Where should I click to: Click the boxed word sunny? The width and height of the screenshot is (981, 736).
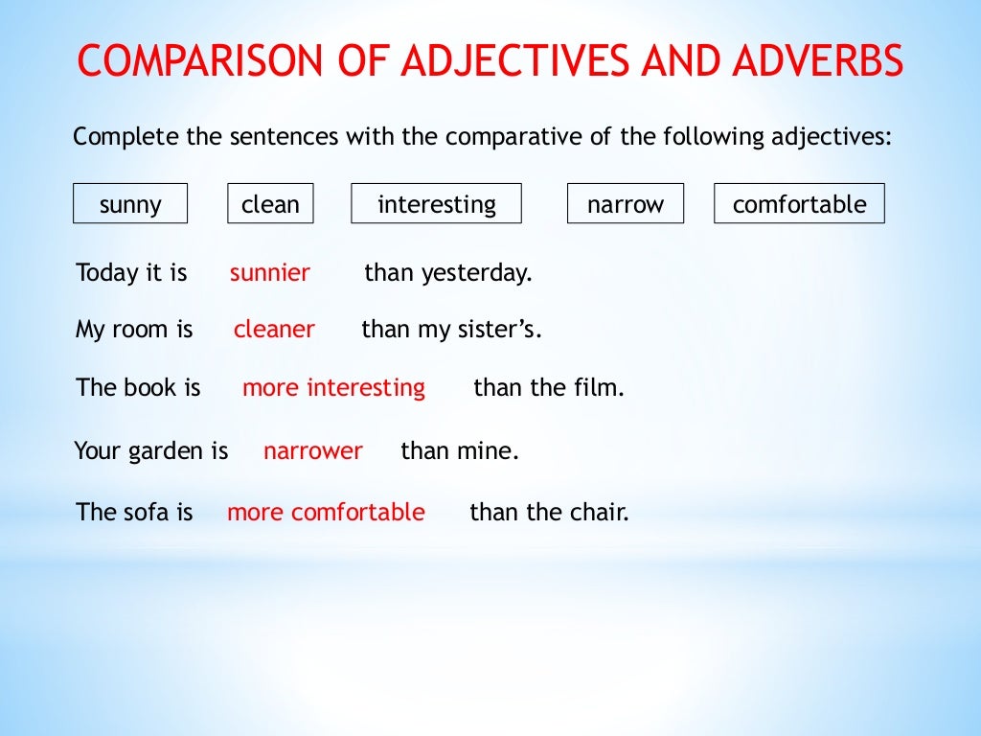(x=130, y=204)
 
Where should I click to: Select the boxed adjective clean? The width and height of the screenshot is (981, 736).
(x=270, y=204)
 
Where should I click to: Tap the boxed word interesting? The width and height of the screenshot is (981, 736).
(x=437, y=204)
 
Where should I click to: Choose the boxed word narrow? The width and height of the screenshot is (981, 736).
(x=626, y=204)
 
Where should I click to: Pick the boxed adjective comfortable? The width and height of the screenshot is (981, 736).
(x=799, y=204)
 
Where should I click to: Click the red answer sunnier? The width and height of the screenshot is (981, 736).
(x=270, y=273)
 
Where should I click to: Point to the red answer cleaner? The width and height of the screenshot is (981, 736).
(x=274, y=330)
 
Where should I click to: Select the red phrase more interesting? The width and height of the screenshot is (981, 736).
(x=333, y=388)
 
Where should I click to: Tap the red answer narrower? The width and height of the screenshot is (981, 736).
(x=313, y=450)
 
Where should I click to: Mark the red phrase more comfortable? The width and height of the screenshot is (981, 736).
(x=326, y=513)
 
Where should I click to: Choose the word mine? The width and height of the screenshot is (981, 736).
(x=491, y=450)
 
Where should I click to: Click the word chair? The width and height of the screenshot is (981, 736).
(x=600, y=513)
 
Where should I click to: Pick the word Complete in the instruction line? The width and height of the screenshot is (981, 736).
(x=125, y=137)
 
